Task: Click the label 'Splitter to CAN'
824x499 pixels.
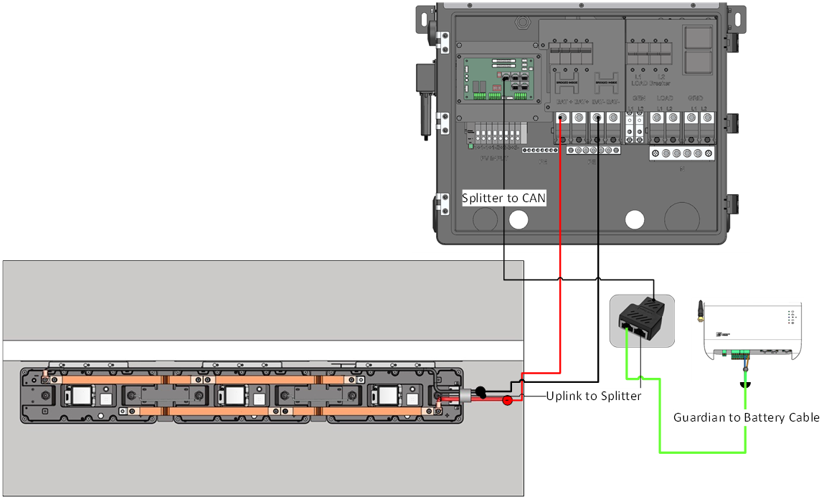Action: [504, 199]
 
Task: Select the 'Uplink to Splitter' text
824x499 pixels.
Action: [593, 396]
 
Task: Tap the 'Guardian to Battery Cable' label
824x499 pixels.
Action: [746, 417]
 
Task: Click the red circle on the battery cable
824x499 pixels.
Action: [507, 399]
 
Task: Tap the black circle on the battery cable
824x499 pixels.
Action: [483, 392]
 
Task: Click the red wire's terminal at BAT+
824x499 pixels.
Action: [563, 118]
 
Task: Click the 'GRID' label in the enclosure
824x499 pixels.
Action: [695, 98]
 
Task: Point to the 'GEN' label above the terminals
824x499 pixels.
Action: [634, 98]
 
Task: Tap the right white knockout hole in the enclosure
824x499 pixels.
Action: [635, 218]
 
